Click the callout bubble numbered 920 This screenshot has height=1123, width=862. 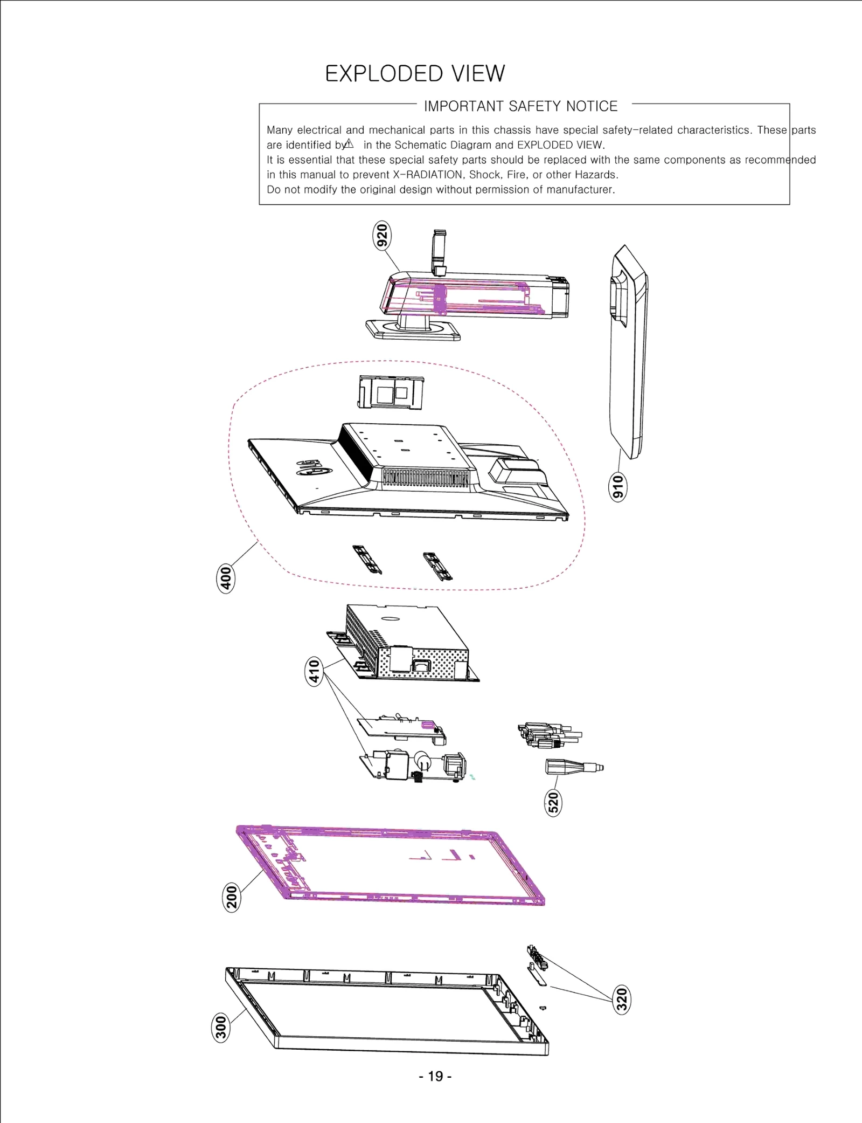pyautogui.click(x=382, y=236)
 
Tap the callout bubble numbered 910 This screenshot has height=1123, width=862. pyautogui.click(x=618, y=487)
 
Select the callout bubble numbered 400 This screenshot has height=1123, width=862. pyautogui.click(x=226, y=578)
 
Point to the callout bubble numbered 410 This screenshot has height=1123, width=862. pyautogui.click(x=315, y=671)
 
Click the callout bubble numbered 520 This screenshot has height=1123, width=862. pyautogui.click(x=553, y=802)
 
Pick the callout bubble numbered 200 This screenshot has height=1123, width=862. pyautogui.click(x=232, y=897)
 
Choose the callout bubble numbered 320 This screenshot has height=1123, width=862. pyautogui.click(x=622, y=999)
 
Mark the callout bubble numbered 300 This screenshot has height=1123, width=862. pyautogui.click(x=221, y=1027)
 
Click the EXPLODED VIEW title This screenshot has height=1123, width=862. pyautogui.click(x=415, y=74)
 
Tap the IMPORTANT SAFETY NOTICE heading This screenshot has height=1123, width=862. pyautogui.click(x=520, y=106)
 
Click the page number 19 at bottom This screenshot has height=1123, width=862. pyautogui.click(x=435, y=1076)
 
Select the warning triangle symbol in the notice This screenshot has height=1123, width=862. pyautogui.click(x=349, y=144)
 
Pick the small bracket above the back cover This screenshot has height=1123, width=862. pyautogui.click(x=391, y=392)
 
